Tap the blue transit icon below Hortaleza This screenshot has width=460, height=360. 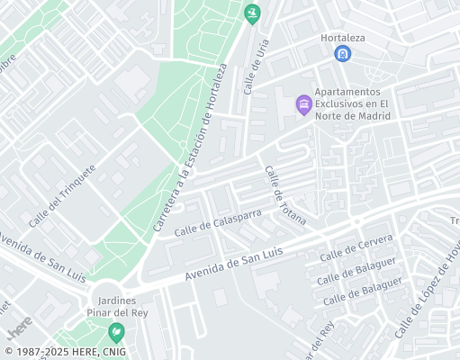pyautogui.click(x=342, y=54)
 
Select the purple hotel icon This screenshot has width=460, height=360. pyautogui.click(x=304, y=105)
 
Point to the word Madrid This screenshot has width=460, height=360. pyautogui.click(x=372, y=115)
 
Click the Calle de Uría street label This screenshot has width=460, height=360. pyautogui.click(x=257, y=71)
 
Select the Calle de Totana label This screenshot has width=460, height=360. pyautogui.click(x=284, y=195)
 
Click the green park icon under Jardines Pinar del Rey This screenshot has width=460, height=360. pyautogui.click(x=115, y=332)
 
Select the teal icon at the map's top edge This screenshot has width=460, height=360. pyautogui.click(x=251, y=13)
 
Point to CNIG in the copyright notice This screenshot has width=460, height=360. pyautogui.click(x=113, y=352)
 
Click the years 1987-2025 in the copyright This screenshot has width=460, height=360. pyautogui.click(x=41, y=352)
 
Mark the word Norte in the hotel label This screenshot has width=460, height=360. pyautogui.click(x=336, y=115)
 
